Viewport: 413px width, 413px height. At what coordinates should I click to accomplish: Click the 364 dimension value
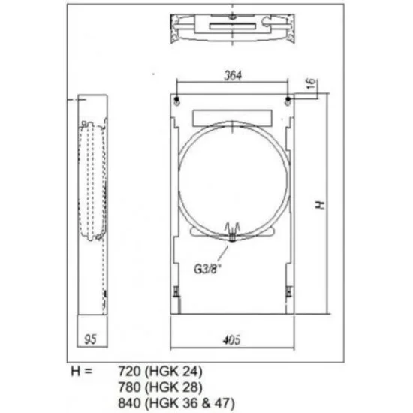[x=233, y=76]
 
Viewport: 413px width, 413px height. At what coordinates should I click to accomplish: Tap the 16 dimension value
[x=312, y=83]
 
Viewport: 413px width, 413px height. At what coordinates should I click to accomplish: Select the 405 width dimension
[x=231, y=340]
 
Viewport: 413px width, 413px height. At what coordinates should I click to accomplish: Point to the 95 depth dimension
[x=90, y=339]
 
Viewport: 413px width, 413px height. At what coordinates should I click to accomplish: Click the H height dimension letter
[x=321, y=205]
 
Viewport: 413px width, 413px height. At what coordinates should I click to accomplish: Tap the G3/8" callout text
[x=207, y=269]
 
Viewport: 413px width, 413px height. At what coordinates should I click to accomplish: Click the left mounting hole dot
[x=176, y=99]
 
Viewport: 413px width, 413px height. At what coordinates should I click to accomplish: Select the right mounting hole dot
[x=288, y=99]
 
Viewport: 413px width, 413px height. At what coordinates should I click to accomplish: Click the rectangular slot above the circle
[x=232, y=118]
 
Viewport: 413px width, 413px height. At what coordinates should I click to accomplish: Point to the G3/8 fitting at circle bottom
[x=232, y=232]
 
